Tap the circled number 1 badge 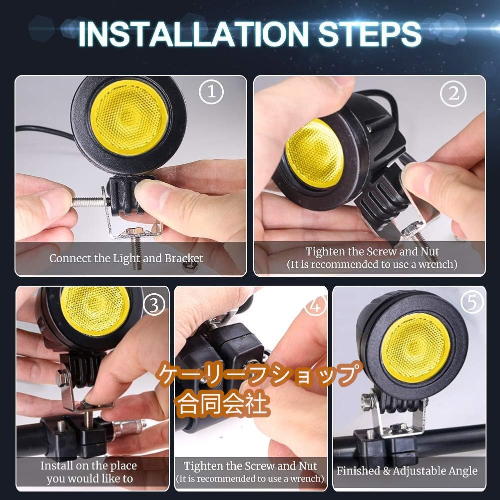pyautogui.click(x=211, y=91)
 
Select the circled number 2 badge pyautogui.click(x=453, y=93)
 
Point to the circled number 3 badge pyautogui.click(x=154, y=305)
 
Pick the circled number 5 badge pyautogui.click(x=472, y=302)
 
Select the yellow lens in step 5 pyautogui.click(x=416, y=348)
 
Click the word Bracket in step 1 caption pyautogui.click(x=184, y=258)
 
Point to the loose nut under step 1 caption pyautogui.click(x=191, y=267)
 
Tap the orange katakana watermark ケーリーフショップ pyautogui.click(x=259, y=374)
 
